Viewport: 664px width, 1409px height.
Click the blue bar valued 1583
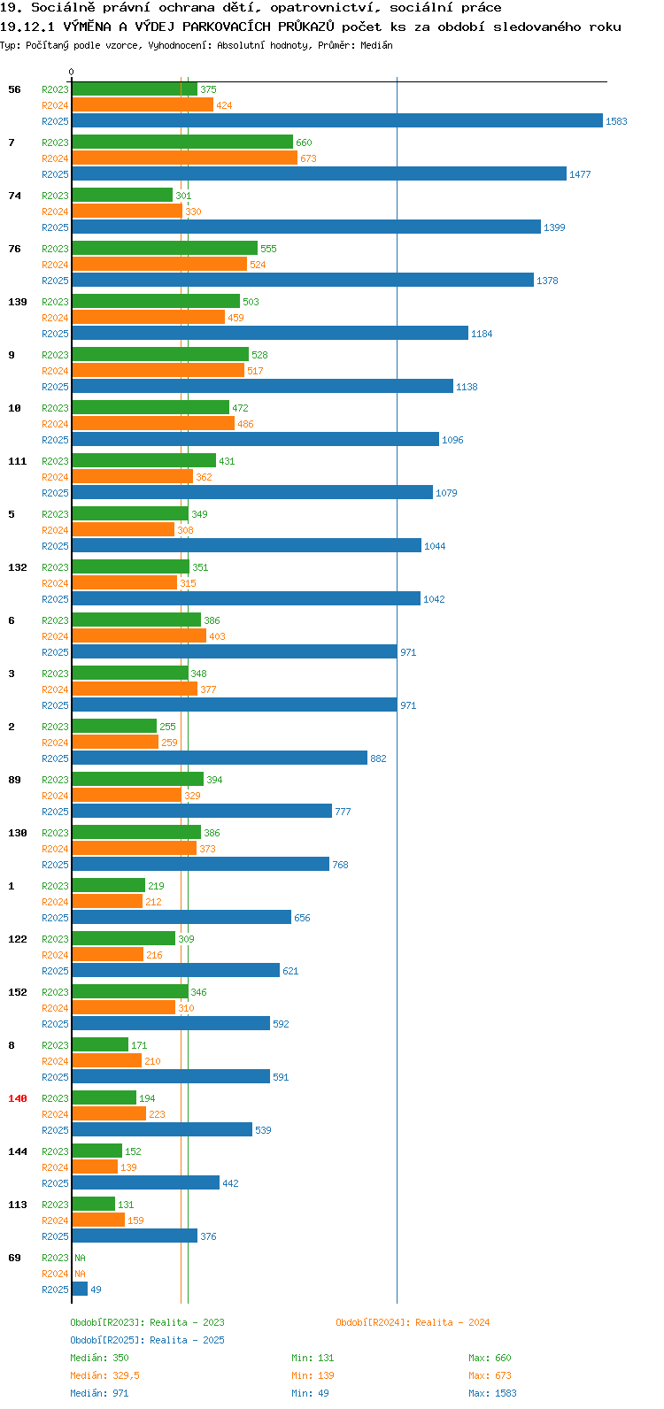[x=337, y=120]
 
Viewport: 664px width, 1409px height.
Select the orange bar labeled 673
[x=184, y=158]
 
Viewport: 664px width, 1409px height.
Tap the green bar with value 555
[x=165, y=249]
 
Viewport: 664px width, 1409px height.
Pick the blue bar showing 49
[x=80, y=1289]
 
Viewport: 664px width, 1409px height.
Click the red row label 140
[x=18, y=1098]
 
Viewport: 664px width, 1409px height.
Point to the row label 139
[x=18, y=302]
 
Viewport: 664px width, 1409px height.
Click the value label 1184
[x=482, y=334]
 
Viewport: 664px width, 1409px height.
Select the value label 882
[x=378, y=758]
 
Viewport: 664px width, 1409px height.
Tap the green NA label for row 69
[x=80, y=1258]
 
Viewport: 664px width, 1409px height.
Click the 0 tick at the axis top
[x=71, y=72]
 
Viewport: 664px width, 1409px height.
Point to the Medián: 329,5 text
[x=104, y=1375]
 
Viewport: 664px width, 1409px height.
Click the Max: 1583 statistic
[x=492, y=1393]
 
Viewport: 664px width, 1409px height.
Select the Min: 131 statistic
[x=313, y=1358]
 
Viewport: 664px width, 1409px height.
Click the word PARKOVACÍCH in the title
[x=227, y=27]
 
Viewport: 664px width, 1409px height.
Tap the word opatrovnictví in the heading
[x=325, y=8]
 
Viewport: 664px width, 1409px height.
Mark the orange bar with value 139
[x=95, y=1166]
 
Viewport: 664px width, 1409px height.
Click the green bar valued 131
[x=94, y=1204]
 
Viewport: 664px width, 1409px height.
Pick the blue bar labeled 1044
[x=247, y=545]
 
